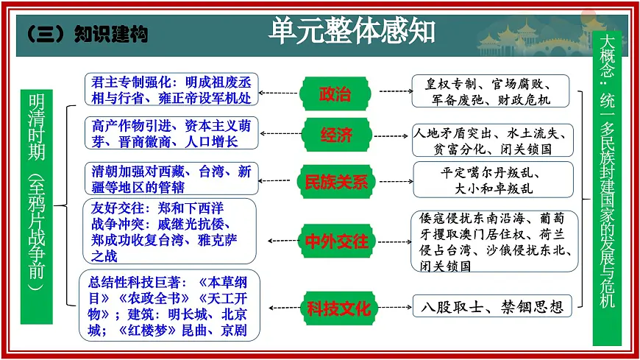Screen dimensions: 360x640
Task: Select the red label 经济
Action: coord(335,136)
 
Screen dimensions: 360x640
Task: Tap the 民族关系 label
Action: coord(335,181)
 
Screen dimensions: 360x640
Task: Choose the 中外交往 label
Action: coord(335,241)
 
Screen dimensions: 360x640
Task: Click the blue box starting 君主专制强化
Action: coord(171,89)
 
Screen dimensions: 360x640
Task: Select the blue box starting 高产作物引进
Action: coord(171,133)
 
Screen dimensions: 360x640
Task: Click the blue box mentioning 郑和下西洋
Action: coord(171,231)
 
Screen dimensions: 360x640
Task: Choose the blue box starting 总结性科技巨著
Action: coord(171,306)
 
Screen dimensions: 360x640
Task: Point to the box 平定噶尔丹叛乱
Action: coord(491,180)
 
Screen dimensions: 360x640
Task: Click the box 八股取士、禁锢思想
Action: coord(491,306)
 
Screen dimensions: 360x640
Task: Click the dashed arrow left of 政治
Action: coord(280,93)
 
